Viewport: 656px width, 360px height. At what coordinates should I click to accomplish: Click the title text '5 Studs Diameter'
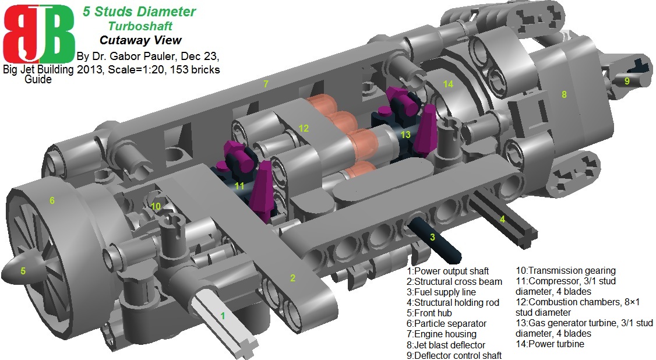(139, 12)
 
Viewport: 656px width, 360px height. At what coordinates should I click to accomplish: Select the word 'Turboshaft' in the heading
(139, 26)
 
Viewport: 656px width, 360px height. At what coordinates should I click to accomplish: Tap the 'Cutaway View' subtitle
(140, 40)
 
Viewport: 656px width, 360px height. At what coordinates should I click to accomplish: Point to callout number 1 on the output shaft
(222, 315)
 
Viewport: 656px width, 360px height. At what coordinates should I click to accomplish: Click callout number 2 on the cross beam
(293, 278)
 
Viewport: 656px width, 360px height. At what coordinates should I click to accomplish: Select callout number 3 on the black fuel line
(432, 237)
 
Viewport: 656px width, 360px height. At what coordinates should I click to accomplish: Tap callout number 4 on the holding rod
(501, 219)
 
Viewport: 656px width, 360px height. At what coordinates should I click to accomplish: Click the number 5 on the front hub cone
(23, 270)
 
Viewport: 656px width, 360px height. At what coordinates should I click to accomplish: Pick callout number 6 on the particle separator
(52, 201)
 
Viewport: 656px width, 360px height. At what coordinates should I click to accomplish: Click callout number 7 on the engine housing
(266, 84)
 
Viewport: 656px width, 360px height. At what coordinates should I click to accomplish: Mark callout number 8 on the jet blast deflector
(564, 94)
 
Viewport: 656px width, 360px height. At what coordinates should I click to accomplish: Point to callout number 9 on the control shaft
(627, 81)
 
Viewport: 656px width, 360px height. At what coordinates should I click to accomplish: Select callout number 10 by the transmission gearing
(155, 206)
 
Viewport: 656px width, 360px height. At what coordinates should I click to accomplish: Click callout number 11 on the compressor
(239, 186)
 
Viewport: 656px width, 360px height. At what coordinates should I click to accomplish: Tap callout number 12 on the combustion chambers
(304, 128)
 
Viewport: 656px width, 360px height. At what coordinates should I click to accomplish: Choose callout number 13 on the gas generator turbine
(405, 135)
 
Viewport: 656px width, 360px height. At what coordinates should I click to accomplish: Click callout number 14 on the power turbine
(447, 84)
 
